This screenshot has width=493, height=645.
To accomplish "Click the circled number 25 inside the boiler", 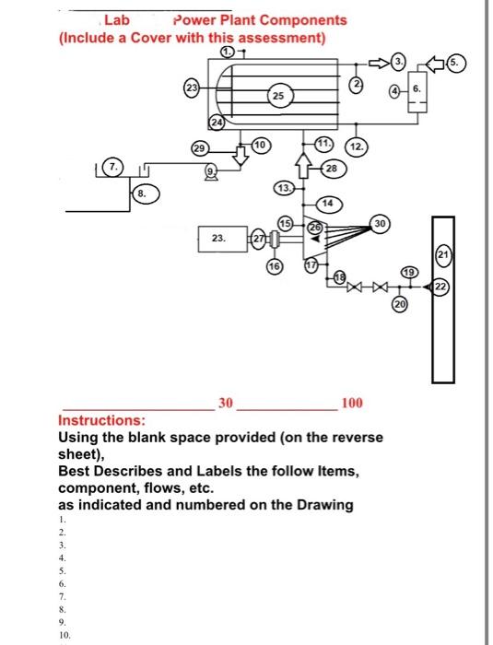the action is (278, 96).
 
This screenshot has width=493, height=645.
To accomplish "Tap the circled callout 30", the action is (380, 224).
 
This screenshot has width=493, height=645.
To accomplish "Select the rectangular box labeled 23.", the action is (223, 239).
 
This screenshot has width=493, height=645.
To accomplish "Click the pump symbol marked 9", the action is (211, 172).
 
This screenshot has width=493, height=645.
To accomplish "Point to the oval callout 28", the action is (331, 168).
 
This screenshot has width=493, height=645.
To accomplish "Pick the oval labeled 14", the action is (328, 204).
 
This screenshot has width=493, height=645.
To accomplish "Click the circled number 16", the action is (275, 266).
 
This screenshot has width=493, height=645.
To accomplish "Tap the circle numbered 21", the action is (443, 254).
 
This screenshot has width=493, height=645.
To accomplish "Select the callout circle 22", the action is (440, 287).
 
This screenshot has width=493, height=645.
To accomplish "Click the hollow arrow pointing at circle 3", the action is (379, 63).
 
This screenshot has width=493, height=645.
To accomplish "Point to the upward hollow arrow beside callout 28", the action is (304, 165).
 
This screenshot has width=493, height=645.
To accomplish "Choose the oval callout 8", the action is (146, 193).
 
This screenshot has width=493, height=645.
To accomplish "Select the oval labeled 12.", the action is (357, 147).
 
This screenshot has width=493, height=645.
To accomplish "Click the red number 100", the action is (352, 403).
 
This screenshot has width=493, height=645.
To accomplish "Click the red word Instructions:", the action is (102, 420).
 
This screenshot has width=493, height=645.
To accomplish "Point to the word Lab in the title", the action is (117, 19).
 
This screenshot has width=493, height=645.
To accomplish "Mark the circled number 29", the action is (199, 148).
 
